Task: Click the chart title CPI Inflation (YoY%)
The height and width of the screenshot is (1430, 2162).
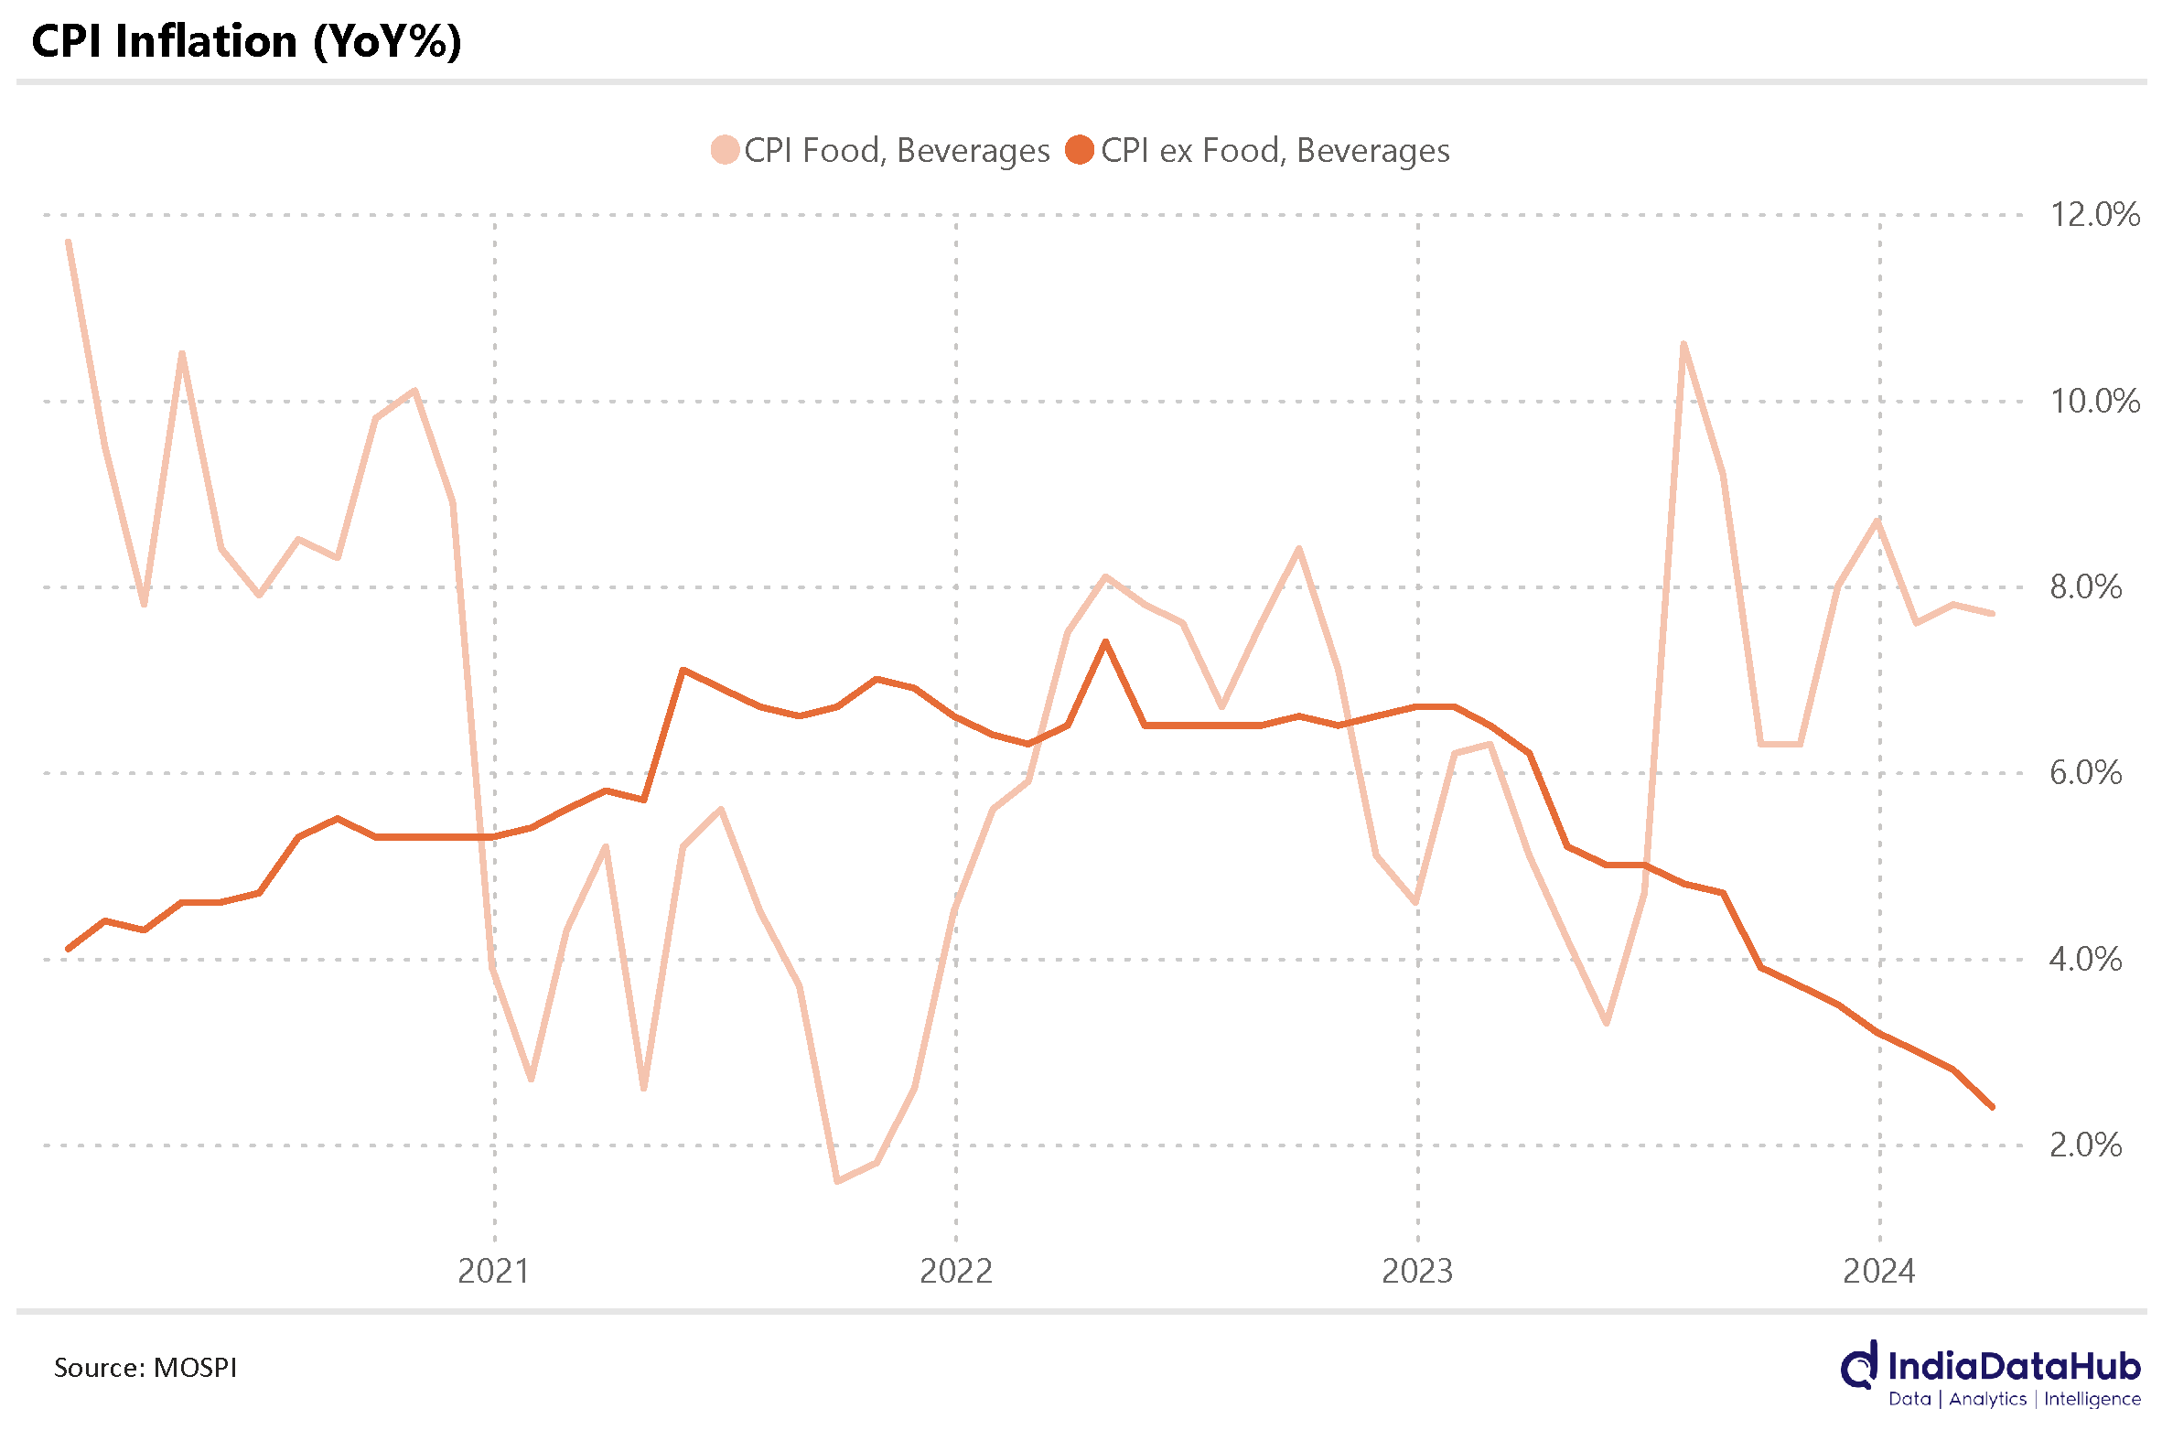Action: pyautogui.click(x=247, y=42)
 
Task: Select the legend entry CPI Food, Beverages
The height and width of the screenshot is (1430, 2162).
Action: pyautogui.click(x=880, y=150)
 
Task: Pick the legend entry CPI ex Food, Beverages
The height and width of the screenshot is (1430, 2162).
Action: pyautogui.click(x=1259, y=150)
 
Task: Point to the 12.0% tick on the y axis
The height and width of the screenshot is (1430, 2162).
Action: pyautogui.click(x=2093, y=215)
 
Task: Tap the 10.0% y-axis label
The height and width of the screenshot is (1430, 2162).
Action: pyautogui.click(x=2093, y=402)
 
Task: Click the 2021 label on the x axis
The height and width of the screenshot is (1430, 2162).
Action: pyautogui.click(x=493, y=1272)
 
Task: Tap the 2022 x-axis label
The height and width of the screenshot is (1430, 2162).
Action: pyautogui.click(x=955, y=1272)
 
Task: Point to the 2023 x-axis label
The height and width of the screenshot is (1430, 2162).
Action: pyautogui.click(x=1416, y=1272)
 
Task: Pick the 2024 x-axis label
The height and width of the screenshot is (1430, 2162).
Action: pyautogui.click(x=1878, y=1272)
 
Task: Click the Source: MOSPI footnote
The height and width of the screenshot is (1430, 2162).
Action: pyautogui.click(x=145, y=1368)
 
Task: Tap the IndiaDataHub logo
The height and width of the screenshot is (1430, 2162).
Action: pyautogui.click(x=1991, y=1373)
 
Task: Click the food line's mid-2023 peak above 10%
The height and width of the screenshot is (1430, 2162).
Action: pyautogui.click(x=1683, y=345)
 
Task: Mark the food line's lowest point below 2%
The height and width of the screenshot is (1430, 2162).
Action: pyautogui.click(x=837, y=1181)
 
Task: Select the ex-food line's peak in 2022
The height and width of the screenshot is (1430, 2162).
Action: pyautogui.click(x=1105, y=642)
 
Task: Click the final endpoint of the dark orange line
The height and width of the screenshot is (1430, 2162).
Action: pyautogui.click(x=1992, y=1107)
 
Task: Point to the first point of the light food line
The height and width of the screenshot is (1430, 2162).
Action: pyautogui.click(x=69, y=242)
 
